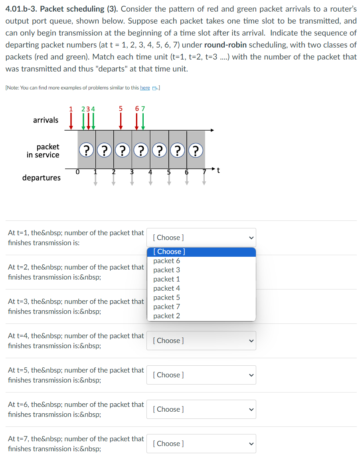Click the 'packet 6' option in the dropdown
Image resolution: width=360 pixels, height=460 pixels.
166,261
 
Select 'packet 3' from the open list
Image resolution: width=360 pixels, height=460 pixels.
166,270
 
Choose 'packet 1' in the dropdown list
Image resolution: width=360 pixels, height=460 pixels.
166,279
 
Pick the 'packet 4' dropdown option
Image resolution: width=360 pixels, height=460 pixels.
166,288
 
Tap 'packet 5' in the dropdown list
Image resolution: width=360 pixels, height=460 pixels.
166,297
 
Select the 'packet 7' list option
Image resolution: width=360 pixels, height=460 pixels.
166,307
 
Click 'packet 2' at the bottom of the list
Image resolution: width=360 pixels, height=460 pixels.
166,316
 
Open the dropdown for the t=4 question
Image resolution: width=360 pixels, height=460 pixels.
201,341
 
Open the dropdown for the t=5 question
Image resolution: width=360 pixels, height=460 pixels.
201,375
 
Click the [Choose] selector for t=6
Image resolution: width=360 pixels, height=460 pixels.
201,409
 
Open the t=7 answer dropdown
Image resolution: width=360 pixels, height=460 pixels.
201,444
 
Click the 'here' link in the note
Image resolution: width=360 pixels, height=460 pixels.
145,88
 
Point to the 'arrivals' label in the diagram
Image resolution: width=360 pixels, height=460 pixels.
45,120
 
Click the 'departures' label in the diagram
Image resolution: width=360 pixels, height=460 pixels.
42,178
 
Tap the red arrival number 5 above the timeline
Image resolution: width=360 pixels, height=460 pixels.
121,109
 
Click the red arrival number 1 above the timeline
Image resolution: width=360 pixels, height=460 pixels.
71,109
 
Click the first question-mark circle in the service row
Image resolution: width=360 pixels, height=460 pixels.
87,151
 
